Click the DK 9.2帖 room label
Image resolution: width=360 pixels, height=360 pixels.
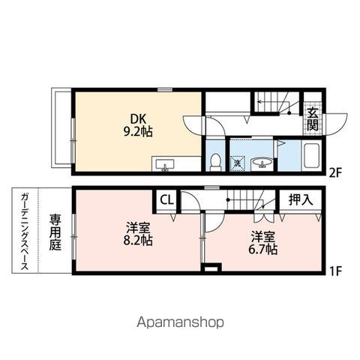pyautogui.click(x=138, y=125)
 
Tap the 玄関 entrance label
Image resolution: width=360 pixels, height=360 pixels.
pyautogui.click(x=313, y=119)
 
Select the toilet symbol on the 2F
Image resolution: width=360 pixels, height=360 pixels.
pyautogui.click(x=215, y=162)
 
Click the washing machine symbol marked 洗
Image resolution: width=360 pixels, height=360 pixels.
pyautogui.click(x=237, y=163)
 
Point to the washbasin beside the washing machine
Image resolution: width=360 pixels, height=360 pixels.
pyautogui.click(x=262, y=163)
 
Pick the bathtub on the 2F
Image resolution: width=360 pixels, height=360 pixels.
pyautogui.click(x=311, y=156)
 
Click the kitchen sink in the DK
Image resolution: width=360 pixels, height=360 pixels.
pyautogui.click(x=165, y=165)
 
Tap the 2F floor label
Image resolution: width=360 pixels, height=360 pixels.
pyautogui.click(x=335, y=173)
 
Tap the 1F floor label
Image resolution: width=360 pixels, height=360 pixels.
pyautogui.click(x=335, y=271)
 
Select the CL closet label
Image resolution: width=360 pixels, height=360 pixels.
pyautogui.click(x=166, y=200)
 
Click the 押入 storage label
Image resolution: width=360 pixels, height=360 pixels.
pyautogui.click(x=301, y=199)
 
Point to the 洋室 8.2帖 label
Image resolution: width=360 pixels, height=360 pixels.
pyautogui.click(x=138, y=234)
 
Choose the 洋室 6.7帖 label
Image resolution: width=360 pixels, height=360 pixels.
pyautogui.click(x=262, y=242)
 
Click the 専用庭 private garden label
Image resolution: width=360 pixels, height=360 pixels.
pyautogui.click(x=55, y=232)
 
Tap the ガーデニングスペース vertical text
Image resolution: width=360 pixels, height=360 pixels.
pyautogui.click(x=25, y=231)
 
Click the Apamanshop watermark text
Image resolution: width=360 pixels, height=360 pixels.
pyautogui.click(x=180, y=322)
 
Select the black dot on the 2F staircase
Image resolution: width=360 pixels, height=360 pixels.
pyautogui.click(x=289, y=113)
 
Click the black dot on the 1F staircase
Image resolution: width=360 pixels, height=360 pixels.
pyautogui.click(x=228, y=199)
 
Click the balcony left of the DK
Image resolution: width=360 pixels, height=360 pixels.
pyautogui.click(x=61, y=127)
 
